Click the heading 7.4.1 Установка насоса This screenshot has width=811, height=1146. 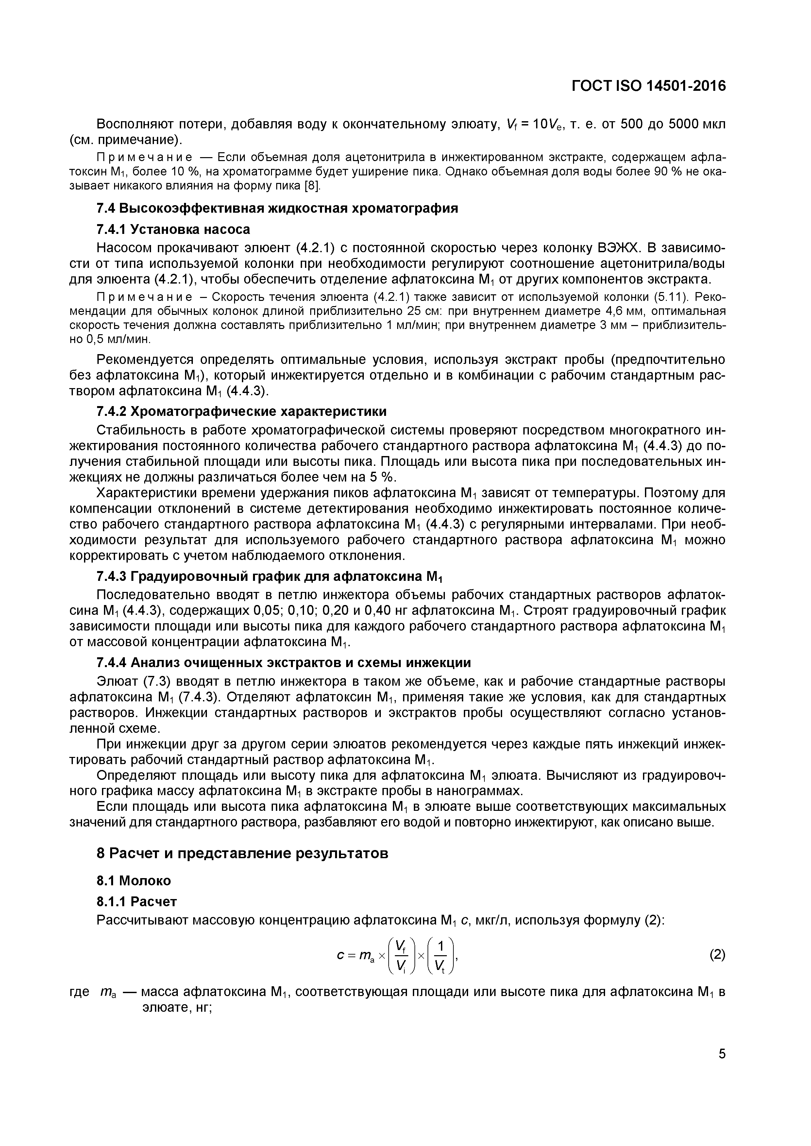pyautogui.click(x=173, y=229)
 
